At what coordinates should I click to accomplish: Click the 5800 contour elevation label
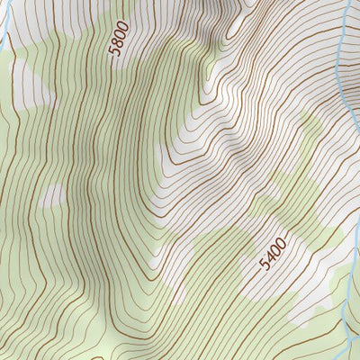tap(118, 39)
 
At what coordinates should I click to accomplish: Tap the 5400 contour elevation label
tap(272, 254)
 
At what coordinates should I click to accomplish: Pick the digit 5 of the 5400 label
tap(264, 265)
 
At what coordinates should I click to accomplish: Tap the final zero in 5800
tap(121, 25)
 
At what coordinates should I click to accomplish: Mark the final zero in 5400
tap(281, 242)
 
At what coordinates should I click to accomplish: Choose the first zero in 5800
tap(120, 33)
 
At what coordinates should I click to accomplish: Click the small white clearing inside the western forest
tap(52, 194)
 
